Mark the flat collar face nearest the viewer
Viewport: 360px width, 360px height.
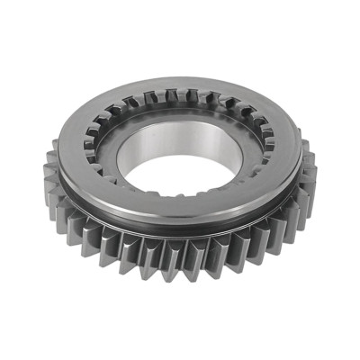[180, 209]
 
